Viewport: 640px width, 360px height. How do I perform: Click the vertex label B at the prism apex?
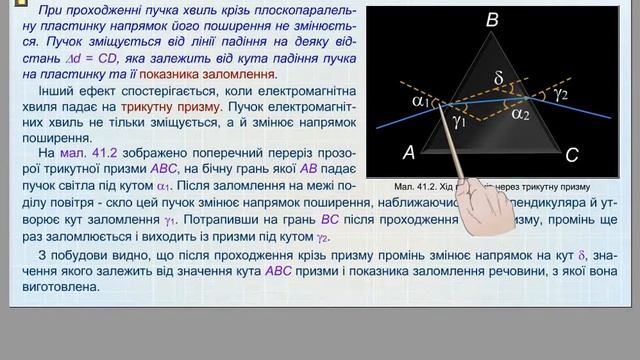tap(491, 21)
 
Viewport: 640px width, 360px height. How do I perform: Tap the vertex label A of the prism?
tap(408, 153)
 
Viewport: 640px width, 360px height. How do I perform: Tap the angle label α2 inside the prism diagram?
tap(520, 114)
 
